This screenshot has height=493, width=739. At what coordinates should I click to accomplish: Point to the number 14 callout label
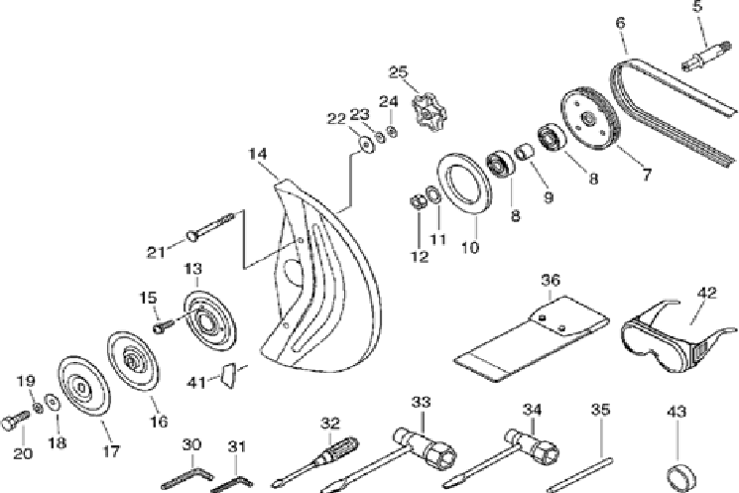pos(258,154)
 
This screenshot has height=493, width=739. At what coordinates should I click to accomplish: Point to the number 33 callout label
pos(422,402)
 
